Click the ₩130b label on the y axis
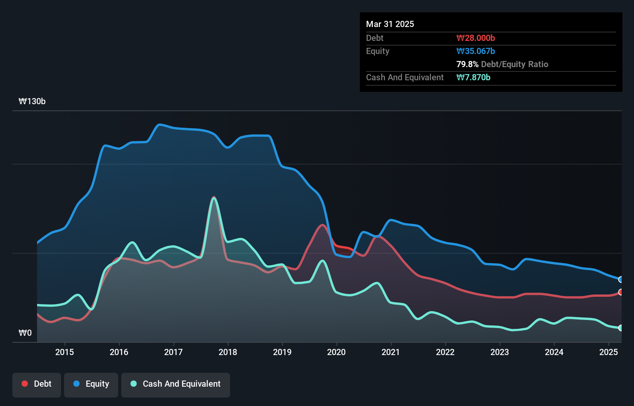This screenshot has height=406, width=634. [x=32, y=101]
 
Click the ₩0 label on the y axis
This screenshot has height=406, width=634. [x=25, y=333]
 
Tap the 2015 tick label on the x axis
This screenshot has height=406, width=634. [x=64, y=352]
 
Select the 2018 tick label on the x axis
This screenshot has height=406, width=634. [x=228, y=352]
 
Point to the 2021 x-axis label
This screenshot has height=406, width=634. [x=391, y=352]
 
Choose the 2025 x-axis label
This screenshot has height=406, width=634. [x=609, y=352]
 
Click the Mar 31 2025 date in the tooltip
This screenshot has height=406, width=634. [x=390, y=24]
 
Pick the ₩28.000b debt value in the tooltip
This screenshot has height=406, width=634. [x=476, y=38]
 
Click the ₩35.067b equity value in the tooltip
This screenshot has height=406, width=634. [x=476, y=51]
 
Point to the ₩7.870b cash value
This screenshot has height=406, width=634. [x=473, y=77]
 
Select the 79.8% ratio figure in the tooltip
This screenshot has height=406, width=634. [x=467, y=64]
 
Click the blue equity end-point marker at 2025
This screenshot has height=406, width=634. [x=620, y=279]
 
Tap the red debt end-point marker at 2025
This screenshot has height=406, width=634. [x=620, y=292]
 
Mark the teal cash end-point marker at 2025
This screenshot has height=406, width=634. [x=620, y=328]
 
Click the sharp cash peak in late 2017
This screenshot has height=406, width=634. [x=214, y=198]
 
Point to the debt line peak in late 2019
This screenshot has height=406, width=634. [x=322, y=225]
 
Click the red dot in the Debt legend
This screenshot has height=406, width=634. [x=25, y=384]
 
